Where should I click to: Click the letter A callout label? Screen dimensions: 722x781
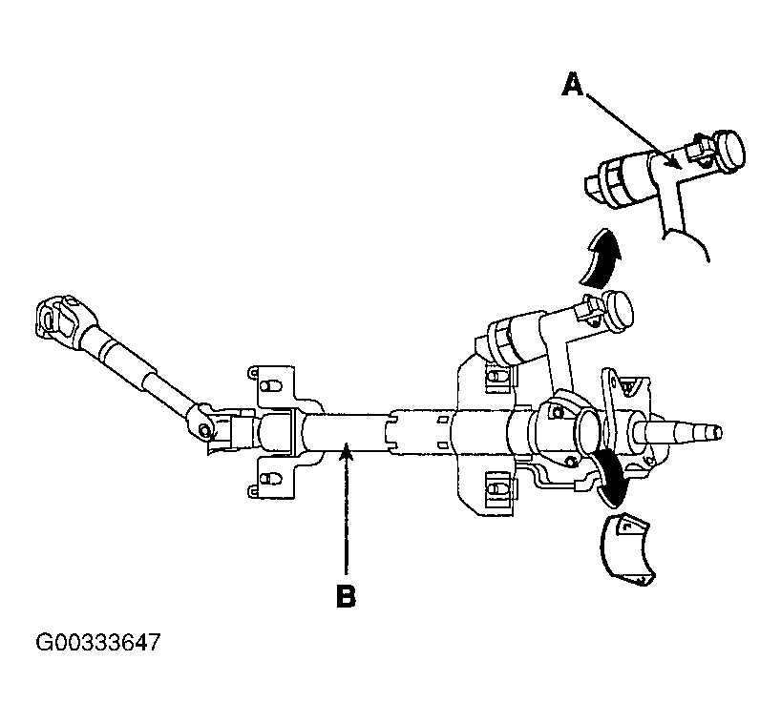tap(571, 87)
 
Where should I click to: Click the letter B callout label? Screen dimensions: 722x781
tap(346, 597)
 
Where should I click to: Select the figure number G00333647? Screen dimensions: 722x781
tap(98, 642)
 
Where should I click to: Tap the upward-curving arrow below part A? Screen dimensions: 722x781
tap(598, 258)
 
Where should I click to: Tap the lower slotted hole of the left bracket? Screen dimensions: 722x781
tap(268, 475)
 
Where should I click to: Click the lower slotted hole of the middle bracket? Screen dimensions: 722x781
tap(496, 487)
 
